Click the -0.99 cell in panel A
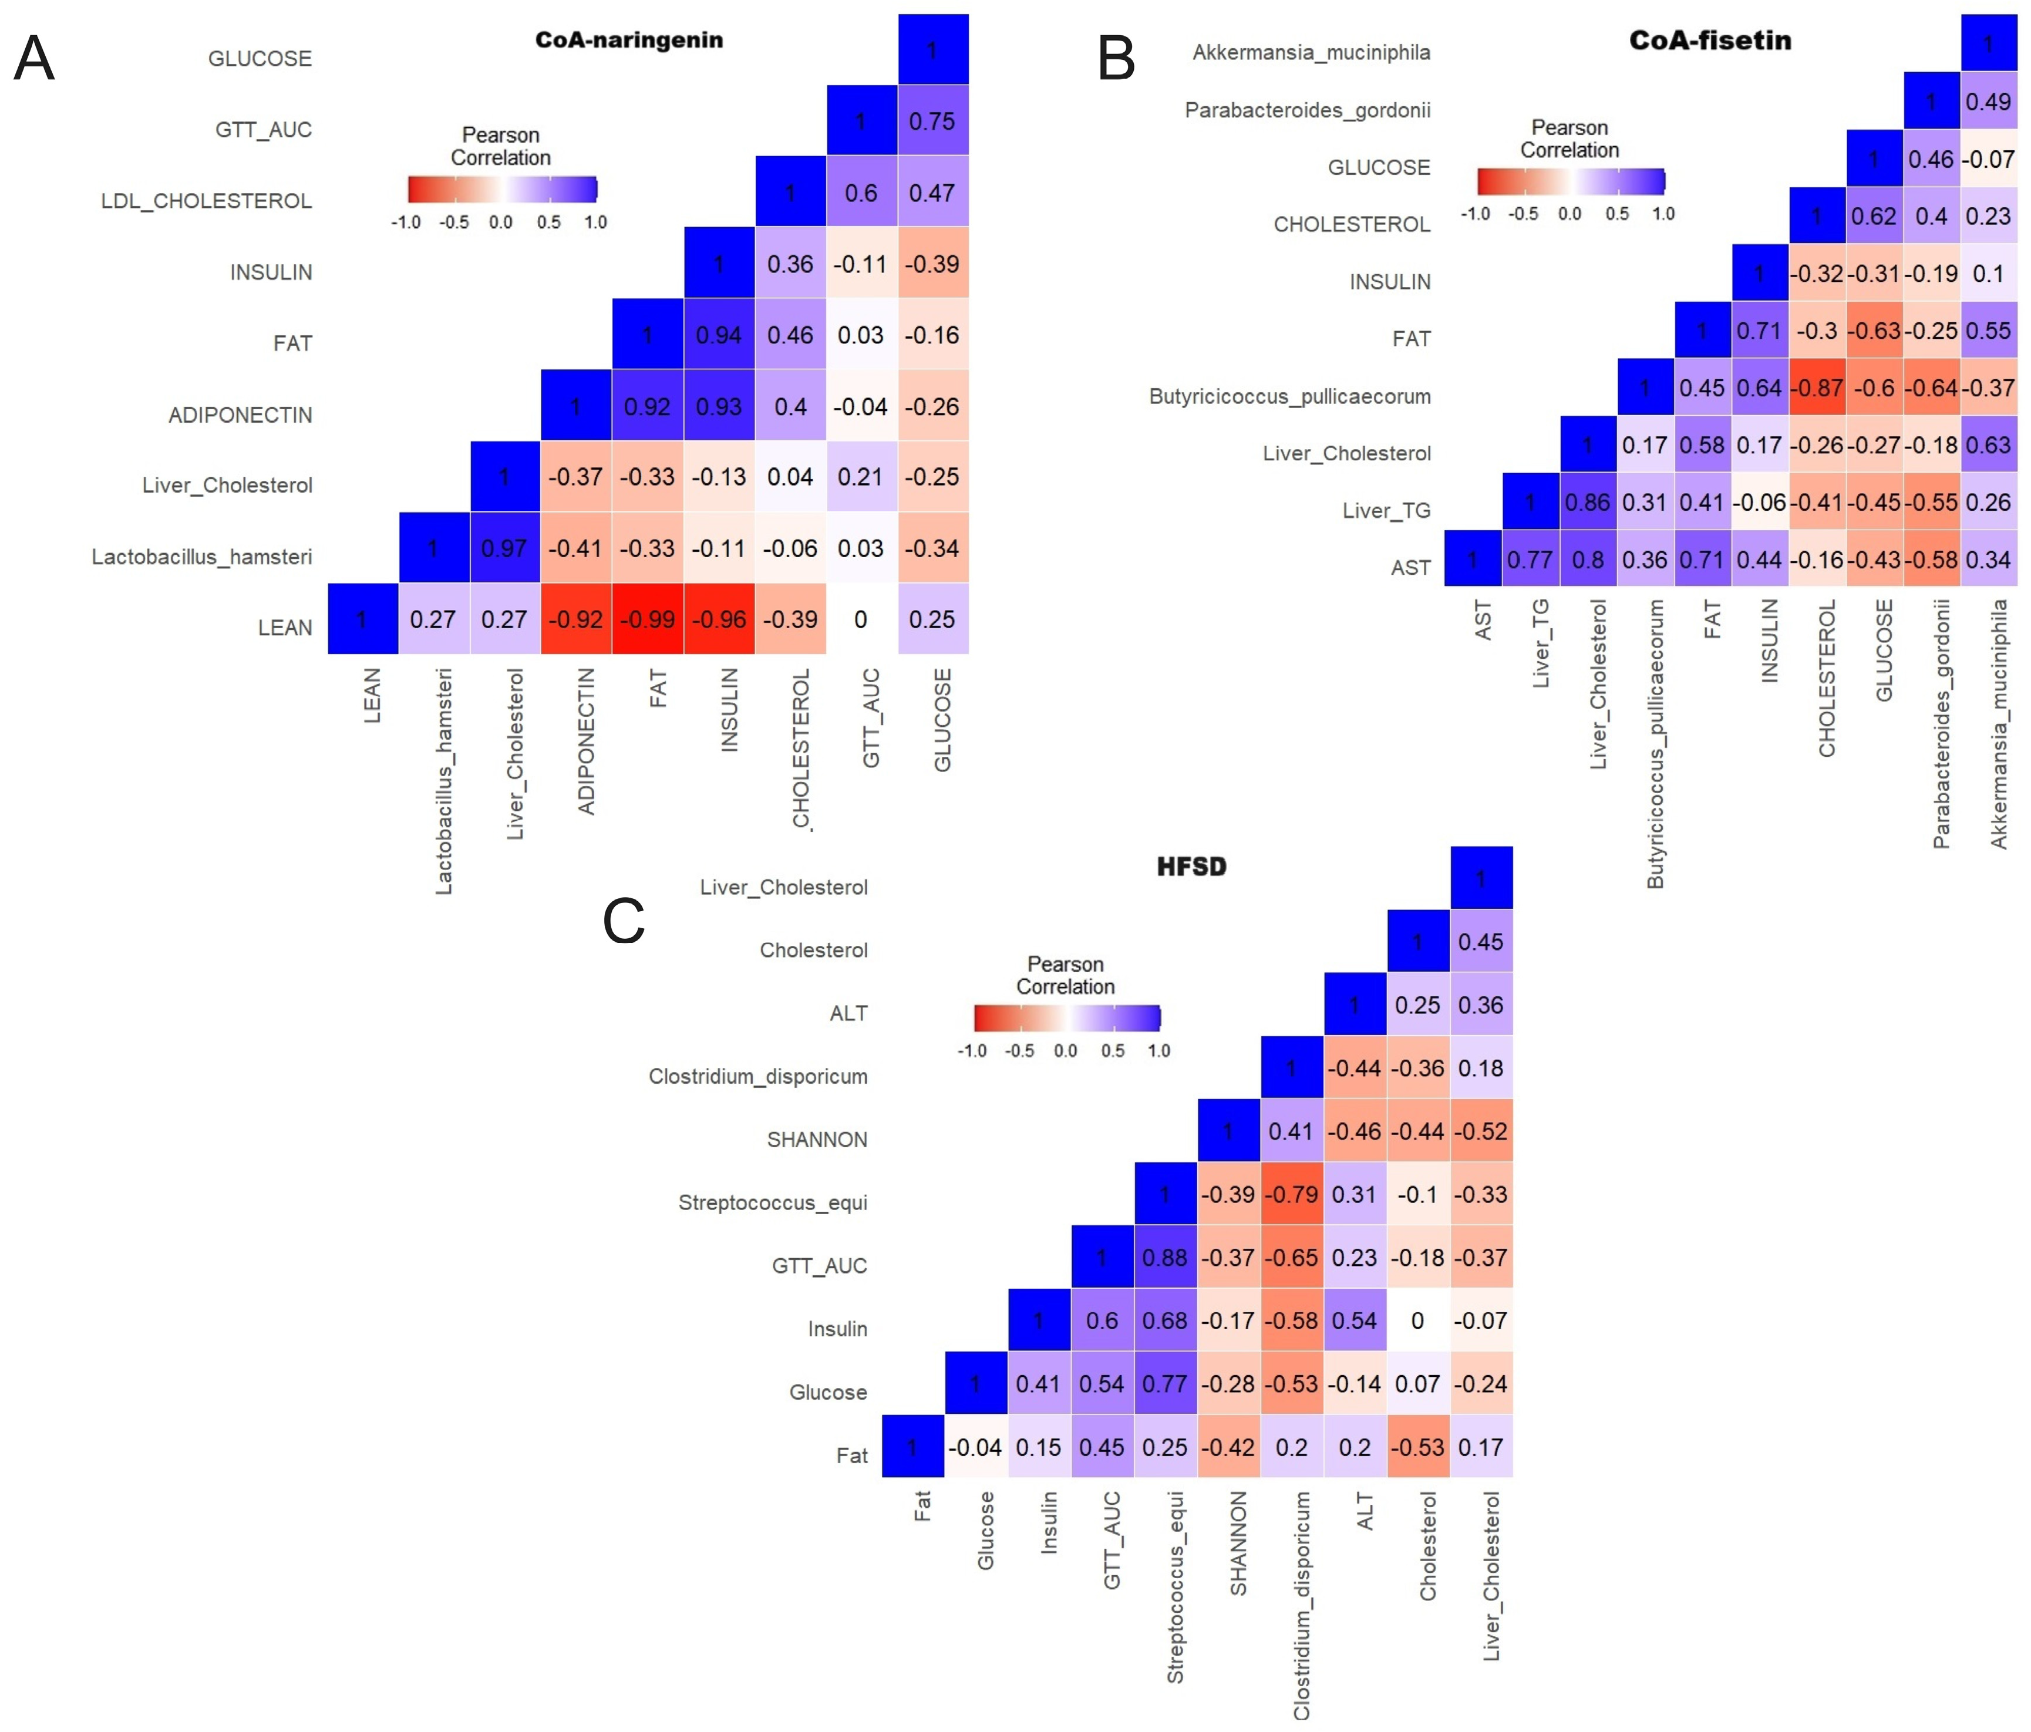click(x=647, y=619)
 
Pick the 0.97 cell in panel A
click(x=504, y=548)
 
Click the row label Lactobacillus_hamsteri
click(x=202, y=557)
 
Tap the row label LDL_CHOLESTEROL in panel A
click(x=206, y=201)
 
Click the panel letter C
click(x=624, y=921)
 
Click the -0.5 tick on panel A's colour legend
click(x=454, y=223)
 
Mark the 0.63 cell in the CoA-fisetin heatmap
click(x=1988, y=445)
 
